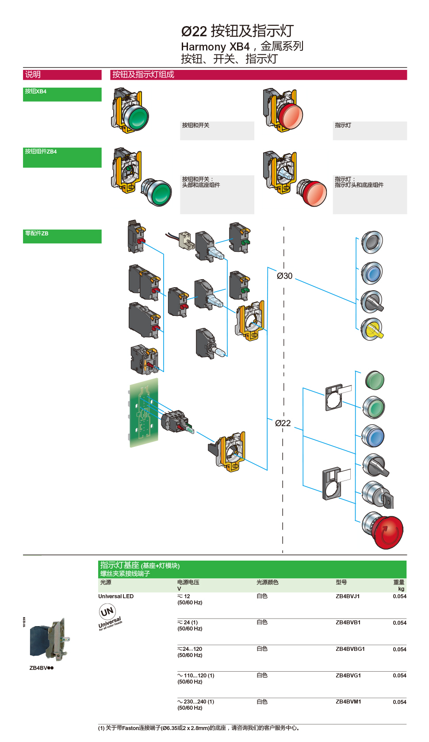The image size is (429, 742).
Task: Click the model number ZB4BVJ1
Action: coord(348,596)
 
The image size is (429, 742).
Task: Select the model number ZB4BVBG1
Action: coord(350,649)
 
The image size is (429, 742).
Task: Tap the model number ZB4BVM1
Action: coord(348,702)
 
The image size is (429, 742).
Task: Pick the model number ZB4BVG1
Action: coord(348,676)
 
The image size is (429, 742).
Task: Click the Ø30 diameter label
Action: coord(284,276)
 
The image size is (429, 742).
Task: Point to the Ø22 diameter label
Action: coord(283,423)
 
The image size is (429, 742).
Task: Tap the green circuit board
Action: coord(144,412)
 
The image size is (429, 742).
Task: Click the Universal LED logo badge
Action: coord(109,616)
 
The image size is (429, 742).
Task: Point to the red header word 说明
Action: coord(33,75)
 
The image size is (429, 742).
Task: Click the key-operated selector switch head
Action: coord(377,495)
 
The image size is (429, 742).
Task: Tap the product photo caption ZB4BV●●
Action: coord(42,668)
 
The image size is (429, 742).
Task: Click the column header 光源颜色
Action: coord(267,583)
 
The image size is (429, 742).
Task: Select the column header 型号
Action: coord(341,583)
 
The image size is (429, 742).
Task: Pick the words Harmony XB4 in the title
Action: coord(215,46)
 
